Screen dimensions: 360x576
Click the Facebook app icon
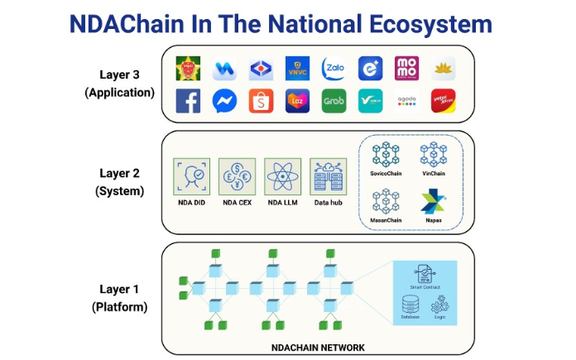pyautogui.click(x=188, y=101)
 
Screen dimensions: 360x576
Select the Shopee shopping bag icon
pyautogui.click(x=261, y=101)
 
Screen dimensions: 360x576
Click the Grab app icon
pyautogui.click(x=334, y=101)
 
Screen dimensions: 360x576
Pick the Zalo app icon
pyautogui.click(x=334, y=68)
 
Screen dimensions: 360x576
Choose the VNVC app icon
pyautogui.click(x=297, y=68)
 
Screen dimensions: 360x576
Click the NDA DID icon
pyautogui.click(x=191, y=176)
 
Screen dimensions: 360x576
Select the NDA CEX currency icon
pyautogui.click(x=237, y=176)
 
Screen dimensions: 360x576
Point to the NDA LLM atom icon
pyautogui.click(x=282, y=176)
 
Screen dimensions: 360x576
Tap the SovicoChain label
pyautogui.click(x=386, y=173)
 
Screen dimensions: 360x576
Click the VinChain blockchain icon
pyautogui.click(x=434, y=155)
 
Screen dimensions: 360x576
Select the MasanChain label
pyautogui.click(x=386, y=220)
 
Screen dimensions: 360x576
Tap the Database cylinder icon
pyautogui.click(x=410, y=304)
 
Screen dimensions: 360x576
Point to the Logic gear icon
pyautogui.click(x=439, y=304)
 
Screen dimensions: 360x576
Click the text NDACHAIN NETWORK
pyautogui.click(x=318, y=348)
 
